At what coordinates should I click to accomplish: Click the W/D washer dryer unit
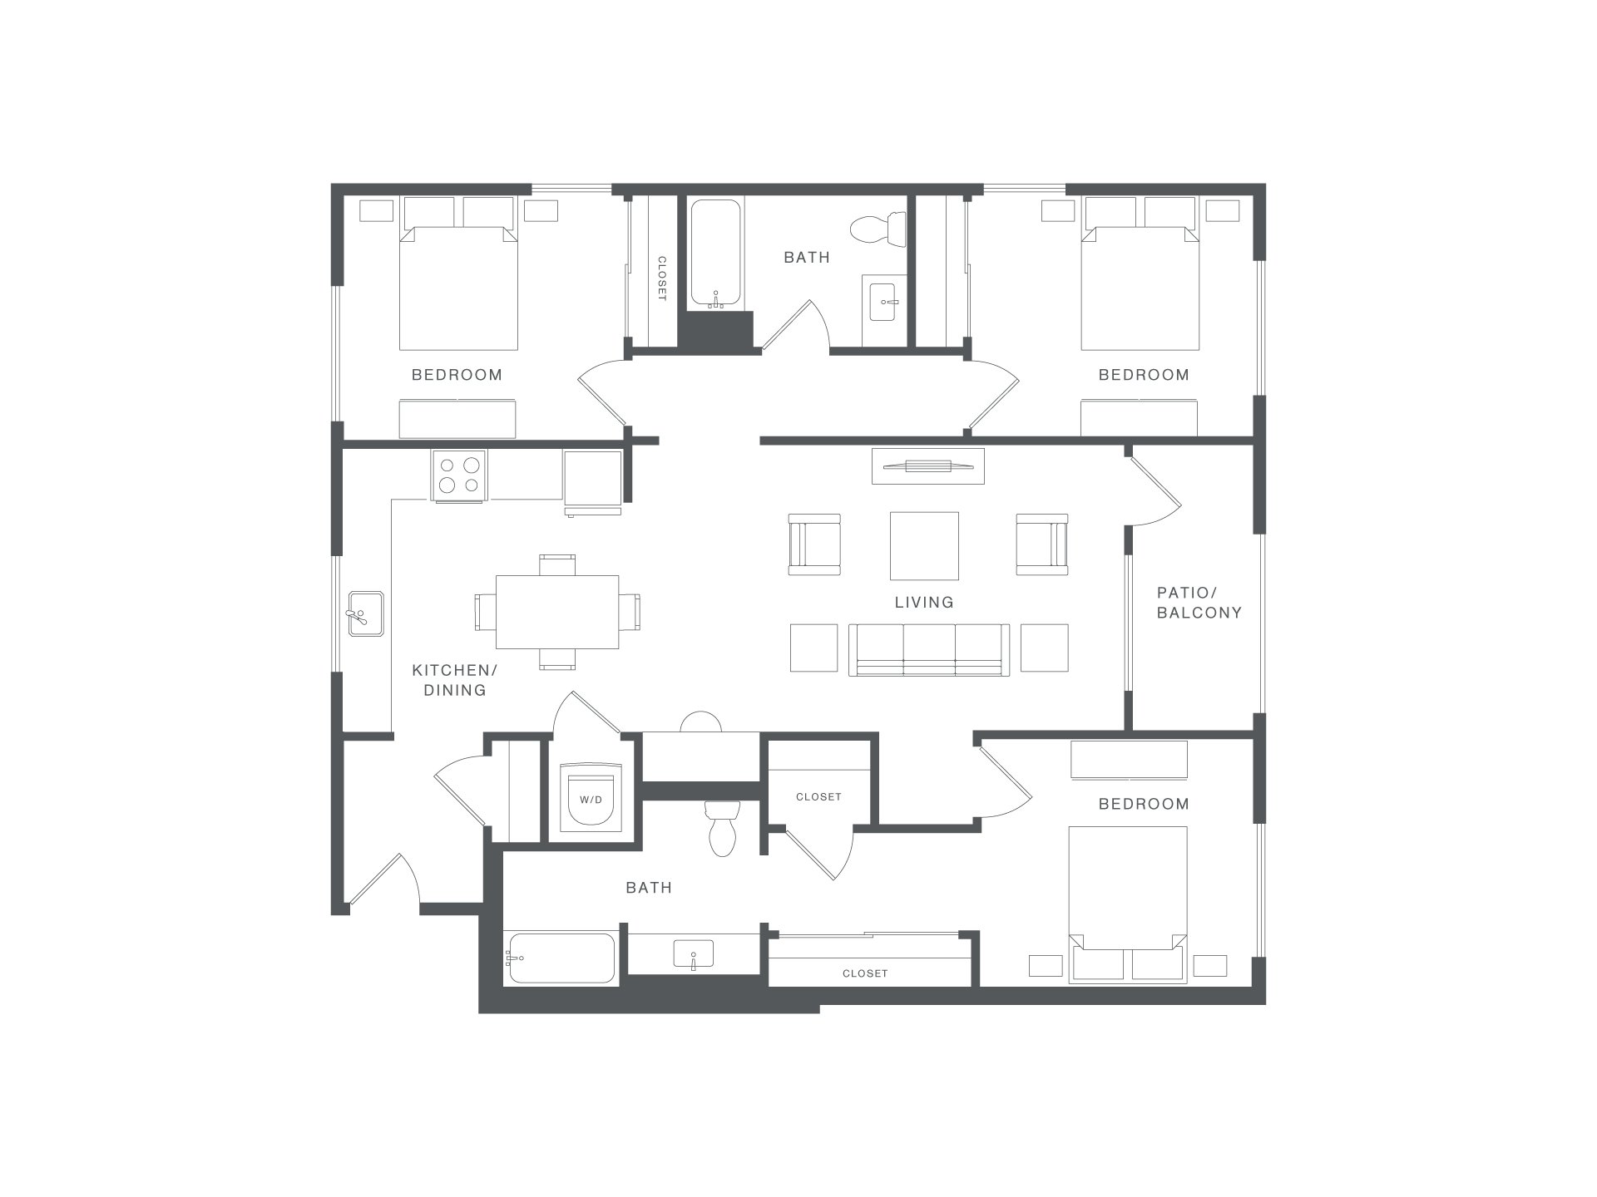point(591,797)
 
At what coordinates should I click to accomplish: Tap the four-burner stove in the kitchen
point(458,475)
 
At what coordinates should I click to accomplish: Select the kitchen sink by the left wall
point(365,613)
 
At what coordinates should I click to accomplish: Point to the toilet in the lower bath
point(722,828)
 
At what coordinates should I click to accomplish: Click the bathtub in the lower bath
point(561,958)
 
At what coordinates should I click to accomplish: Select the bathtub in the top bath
point(714,254)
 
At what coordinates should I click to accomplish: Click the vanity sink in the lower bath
point(693,954)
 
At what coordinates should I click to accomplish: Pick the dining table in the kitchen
point(557,612)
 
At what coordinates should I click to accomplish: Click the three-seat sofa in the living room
point(929,650)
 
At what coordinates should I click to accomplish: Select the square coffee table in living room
point(924,545)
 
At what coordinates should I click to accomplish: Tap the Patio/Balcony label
point(1199,603)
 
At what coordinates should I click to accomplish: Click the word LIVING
point(924,602)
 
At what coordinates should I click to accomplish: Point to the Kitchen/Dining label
point(455,680)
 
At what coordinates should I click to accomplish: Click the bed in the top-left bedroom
point(458,273)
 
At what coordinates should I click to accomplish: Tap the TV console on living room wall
point(927,465)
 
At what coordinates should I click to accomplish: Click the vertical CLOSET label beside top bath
point(662,278)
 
